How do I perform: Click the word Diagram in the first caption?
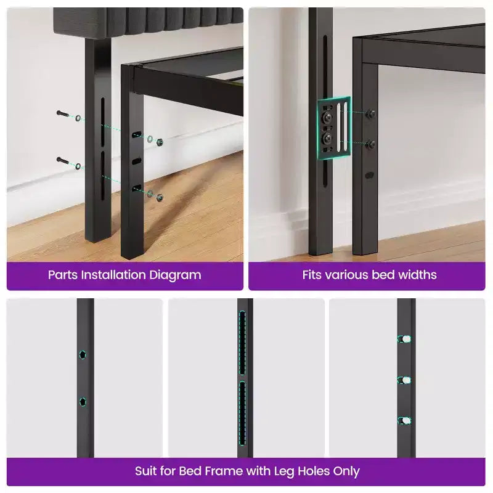(175, 275)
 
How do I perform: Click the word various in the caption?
(347, 275)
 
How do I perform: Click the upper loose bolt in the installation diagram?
(63, 113)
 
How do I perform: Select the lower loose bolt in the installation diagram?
(63, 160)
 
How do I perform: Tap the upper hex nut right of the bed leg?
(160, 142)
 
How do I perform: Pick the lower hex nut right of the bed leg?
(160, 197)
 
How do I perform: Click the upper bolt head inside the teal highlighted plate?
(328, 117)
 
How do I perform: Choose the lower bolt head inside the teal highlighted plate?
(328, 137)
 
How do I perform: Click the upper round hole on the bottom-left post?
(83, 355)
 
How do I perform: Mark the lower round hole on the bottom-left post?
(83, 402)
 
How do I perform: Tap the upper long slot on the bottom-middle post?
(242, 343)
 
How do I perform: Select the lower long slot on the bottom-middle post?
(242, 414)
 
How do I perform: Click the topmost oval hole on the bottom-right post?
(405, 339)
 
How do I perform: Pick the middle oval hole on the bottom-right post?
(405, 380)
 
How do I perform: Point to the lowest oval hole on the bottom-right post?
(405, 420)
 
